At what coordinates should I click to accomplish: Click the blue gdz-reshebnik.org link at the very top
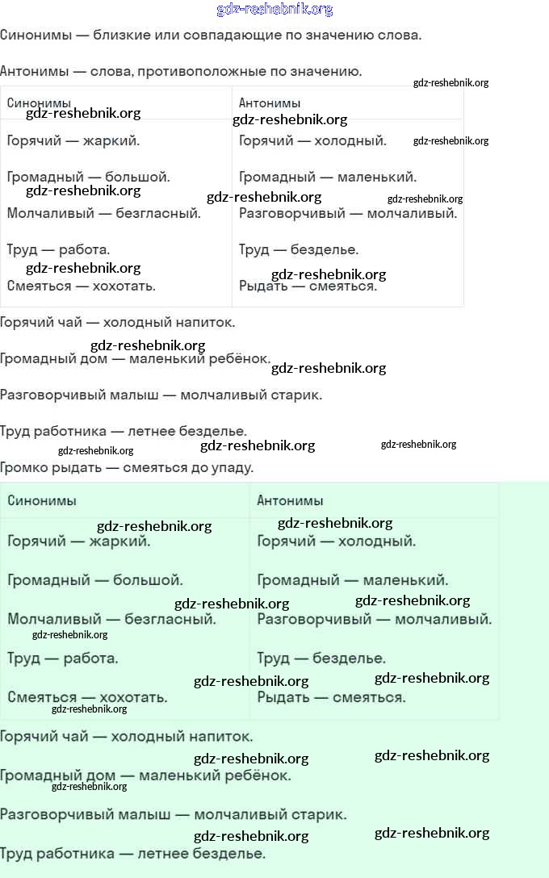274,10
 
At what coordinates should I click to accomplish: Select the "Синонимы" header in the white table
39,102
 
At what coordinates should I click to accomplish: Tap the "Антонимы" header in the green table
290,500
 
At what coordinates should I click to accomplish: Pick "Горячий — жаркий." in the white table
73,140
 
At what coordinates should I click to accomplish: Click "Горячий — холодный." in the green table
337,541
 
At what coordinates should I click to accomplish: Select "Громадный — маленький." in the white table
328,177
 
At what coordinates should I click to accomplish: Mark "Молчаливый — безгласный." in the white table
104,213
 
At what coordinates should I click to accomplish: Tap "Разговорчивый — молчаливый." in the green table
375,619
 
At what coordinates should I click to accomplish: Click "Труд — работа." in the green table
63,658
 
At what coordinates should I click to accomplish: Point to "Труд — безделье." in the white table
299,249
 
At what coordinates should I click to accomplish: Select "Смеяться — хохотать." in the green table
88,697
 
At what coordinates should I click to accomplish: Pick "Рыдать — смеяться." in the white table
308,286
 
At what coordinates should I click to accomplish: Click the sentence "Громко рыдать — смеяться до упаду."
127,467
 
